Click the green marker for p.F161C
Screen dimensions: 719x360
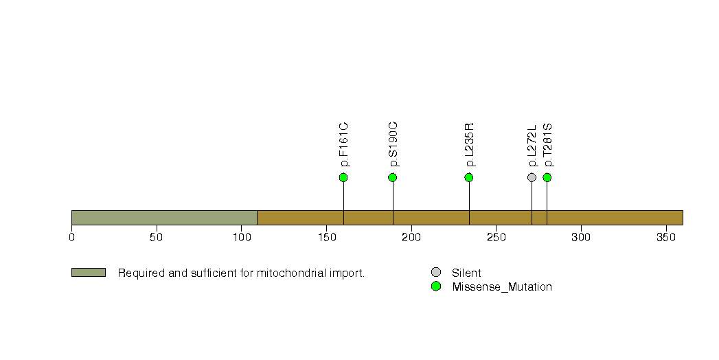tap(343, 177)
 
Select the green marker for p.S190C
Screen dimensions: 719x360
tap(393, 177)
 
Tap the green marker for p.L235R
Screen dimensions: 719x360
tap(468, 177)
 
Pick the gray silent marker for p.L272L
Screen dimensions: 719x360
tap(532, 177)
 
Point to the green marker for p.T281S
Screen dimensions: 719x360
tap(547, 177)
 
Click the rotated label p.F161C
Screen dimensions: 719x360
tap(344, 144)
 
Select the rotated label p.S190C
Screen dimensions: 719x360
tap(393, 144)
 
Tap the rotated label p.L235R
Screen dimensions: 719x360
tap(469, 145)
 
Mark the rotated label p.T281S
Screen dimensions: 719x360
tap(547, 145)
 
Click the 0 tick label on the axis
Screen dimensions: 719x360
tap(71, 237)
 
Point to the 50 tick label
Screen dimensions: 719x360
tap(157, 237)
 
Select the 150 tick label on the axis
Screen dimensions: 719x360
tap(326, 237)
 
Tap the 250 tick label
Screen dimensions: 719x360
tap(496, 237)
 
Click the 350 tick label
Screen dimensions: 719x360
tap(666, 237)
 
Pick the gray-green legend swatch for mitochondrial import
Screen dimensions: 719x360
tap(89, 273)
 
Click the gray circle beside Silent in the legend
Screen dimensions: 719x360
tap(436, 273)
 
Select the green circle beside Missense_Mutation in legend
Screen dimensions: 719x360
tap(436, 286)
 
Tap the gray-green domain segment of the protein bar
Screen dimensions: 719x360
tap(164, 218)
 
